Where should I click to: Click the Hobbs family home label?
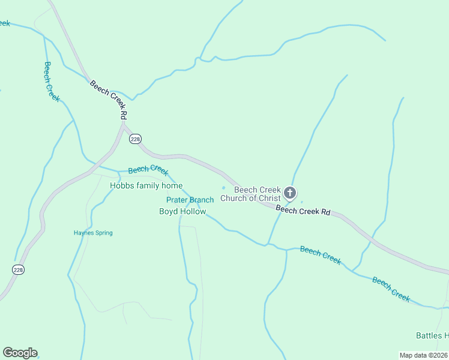[146, 186]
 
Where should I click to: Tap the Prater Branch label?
[190, 200]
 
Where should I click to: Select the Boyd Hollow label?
[182, 212]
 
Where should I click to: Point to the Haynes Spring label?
[93, 233]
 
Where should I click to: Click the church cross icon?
[290, 193]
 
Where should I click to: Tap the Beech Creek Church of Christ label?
[251, 194]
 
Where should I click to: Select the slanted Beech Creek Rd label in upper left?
[109, 98]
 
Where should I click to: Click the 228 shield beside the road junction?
[135, 139]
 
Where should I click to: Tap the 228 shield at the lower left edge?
[18, 271]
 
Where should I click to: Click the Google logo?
[20, 353]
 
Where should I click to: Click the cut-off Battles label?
[432, 335]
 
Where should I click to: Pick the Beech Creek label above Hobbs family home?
[148, 170]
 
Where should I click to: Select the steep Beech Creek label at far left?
[52, 82]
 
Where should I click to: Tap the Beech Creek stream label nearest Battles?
[391, 288]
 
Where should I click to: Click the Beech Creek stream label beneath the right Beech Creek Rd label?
[321, 255]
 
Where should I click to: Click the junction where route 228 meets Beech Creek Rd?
[124, 127]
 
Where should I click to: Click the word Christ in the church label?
[269, 199]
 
